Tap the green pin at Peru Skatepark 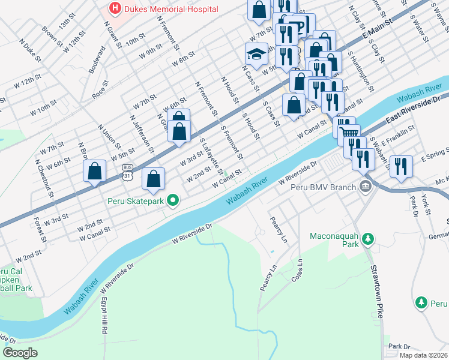pyautogui.click(x=173, y=200)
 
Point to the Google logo pyautogui.click(x=20, y=353)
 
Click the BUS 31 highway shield pyautogui.click(x=127, y=171)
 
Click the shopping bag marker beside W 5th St pyautogui.click(x=95, y=171)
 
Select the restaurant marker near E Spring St pyautogui.click(x=400, y=164)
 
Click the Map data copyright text pyautogui.click(x=423, y=355)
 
